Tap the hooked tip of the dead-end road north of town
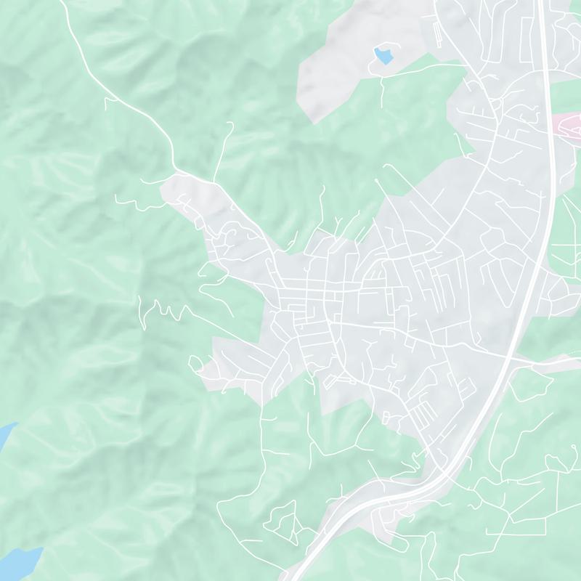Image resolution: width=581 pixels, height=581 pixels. coord(232,124)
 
